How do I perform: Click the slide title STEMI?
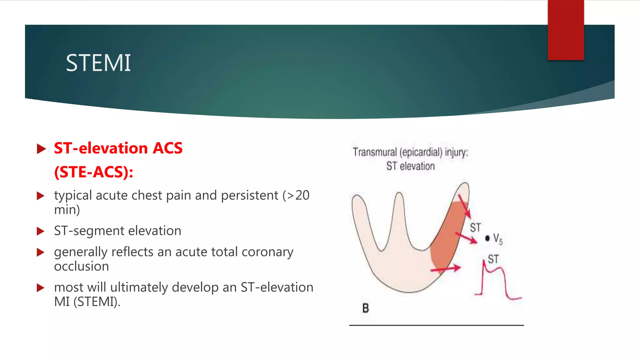point(98,63)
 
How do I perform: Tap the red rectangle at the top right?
point(566,30)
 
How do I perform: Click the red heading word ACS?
point(167,148)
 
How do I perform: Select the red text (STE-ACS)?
point(94,172)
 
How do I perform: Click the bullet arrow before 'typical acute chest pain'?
point(41,196)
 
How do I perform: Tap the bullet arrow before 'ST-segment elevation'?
point(41,231)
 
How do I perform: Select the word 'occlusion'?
point(82,266)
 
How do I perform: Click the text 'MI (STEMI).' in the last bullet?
point(87,302)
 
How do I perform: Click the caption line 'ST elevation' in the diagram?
point(410,166)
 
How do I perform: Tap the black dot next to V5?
point(487,238)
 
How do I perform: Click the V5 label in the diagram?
point(498,239)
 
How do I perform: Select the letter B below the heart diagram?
point(366,308)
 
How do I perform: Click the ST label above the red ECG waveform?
point(493,259)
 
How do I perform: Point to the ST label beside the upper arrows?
point(475,227)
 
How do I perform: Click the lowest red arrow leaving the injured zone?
point(446,269)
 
